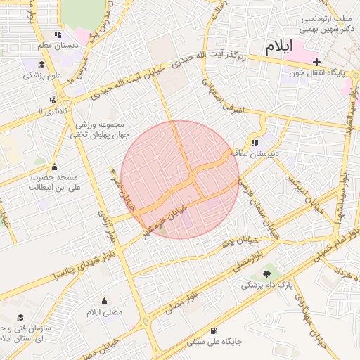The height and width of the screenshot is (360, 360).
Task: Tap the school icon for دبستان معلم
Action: coord(58,34)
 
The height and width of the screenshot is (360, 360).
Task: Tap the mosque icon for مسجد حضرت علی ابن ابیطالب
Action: coord(55,167)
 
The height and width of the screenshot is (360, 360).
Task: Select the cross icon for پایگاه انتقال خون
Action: coord(316,62)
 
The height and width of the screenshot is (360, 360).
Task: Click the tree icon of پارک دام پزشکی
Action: coord(266,274)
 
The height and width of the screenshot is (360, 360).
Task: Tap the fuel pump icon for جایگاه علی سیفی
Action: coord(214,330)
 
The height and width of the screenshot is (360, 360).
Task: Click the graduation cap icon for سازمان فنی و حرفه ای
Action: coord(20,318)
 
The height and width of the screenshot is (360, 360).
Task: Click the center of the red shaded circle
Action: coord(180,179)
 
